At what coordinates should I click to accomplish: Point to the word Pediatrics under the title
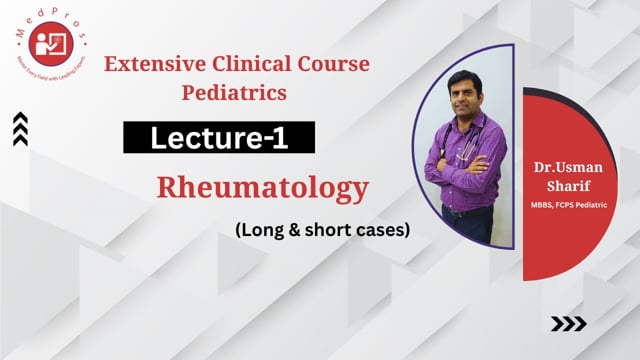click(237, 93)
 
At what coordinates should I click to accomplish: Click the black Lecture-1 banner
click(219, 139)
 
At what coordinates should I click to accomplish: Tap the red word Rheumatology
click(262, 187)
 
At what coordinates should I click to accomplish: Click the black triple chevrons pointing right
click(570, 323)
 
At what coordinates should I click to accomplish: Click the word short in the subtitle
click(318, 229)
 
